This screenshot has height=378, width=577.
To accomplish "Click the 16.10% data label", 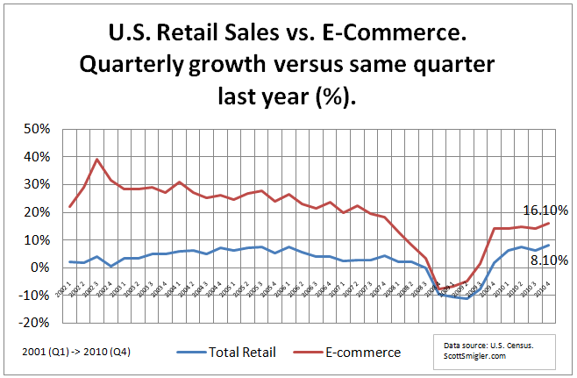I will point(546,210).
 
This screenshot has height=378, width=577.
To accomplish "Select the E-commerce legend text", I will point(363,353).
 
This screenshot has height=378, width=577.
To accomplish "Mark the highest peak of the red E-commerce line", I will point(96,160).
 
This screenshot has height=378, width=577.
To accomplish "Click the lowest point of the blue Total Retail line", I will point(467,298).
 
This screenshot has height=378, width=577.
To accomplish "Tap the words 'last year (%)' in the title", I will point(288,98).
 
